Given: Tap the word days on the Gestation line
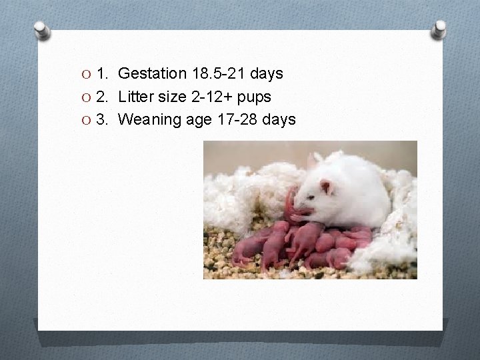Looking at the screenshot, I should click(267, 73).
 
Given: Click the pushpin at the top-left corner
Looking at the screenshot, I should click(43, 29).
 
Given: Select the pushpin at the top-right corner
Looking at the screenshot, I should click(438, 29).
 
